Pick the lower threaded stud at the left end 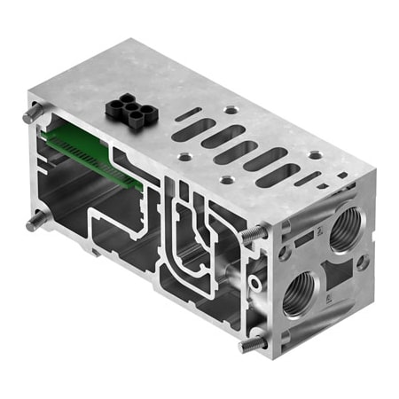click(35, 221)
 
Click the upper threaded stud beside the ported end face click(252, 234)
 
